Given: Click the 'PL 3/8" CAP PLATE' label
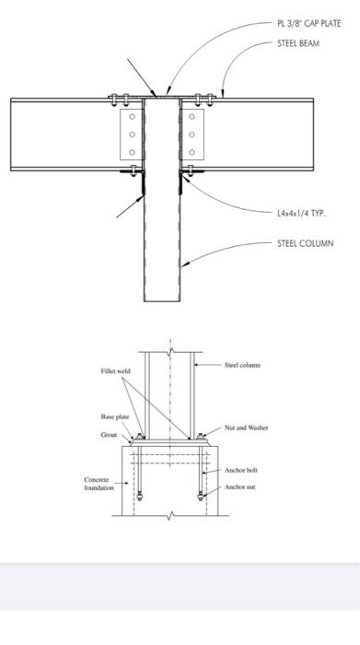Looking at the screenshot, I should point(308,24).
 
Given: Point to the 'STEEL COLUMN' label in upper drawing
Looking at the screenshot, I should point(305,243).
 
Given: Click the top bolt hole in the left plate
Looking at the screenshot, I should point(132,117).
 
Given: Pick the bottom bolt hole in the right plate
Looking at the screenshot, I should point(192,152).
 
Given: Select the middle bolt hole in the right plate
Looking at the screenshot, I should point(192,135).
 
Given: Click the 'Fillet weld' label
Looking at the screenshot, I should point(115,370).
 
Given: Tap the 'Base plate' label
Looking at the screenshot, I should point(114,416).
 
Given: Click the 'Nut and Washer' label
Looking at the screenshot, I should point(246,428).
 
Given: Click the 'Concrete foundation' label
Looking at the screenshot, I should point(99,484).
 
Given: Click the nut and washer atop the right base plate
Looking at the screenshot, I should point(200,437).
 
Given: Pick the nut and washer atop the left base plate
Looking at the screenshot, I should point(138,437).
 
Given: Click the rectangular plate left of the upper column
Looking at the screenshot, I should point(132,135).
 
